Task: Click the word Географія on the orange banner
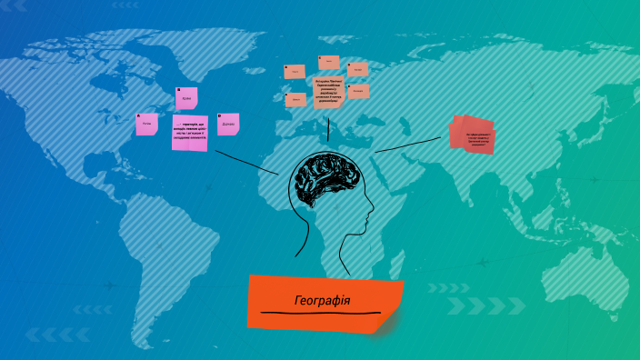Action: coord(323,300)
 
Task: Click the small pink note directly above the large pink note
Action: coord(186,98)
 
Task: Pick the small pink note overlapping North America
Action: coord(146,124)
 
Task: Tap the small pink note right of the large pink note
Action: coord(228,124)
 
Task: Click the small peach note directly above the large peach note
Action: coord(329,63)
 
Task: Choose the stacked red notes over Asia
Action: coord(474,134)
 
